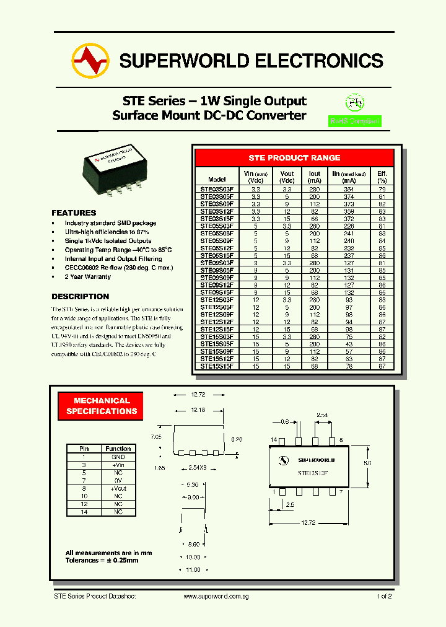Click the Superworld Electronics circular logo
point(90,61)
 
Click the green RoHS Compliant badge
point(354,121)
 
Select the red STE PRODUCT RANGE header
point(294,158)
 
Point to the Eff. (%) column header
point(382,177)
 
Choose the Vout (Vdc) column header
point(287,177)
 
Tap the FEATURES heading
point(74,213)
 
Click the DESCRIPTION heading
point(80,296)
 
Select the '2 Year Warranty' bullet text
point(88,277)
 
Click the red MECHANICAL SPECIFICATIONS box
point(102,406)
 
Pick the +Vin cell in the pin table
point(118,464)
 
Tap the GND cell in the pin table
point(118,457)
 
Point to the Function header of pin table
point(118,449)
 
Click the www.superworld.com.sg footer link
point(216,596)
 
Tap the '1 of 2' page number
point(383,596)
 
